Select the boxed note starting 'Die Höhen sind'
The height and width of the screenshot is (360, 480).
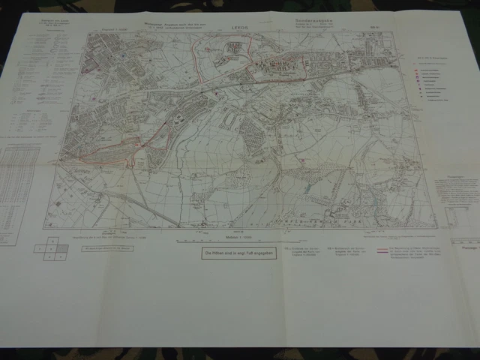pyautogui.click(x=229, y=254)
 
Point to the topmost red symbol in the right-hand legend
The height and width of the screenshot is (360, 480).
pyautogui.click(x=415, y=73)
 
